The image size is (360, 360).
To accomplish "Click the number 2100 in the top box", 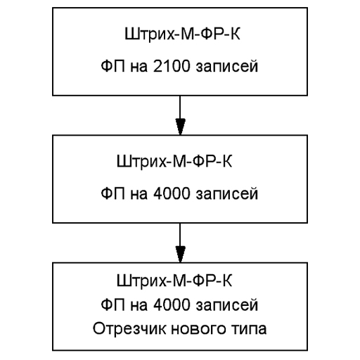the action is click(x=172, y=66).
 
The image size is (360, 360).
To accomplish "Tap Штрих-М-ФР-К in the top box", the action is click(x=182, y=34).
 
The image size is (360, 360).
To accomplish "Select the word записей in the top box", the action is click(x=227, y=67).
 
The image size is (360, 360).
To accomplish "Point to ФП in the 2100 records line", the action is click(x=113, y=66).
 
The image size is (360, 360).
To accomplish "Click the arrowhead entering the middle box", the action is click(x=180, y=127).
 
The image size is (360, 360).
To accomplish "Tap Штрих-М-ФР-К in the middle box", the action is click(x=174, y=162).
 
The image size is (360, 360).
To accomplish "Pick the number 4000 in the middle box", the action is click(x=172, y=193).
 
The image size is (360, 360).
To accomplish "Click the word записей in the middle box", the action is click(x=227, y=194).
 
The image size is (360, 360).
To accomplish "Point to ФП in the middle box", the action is click(x=113, y=193).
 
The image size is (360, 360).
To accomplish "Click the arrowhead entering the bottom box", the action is click(x=180, y=255).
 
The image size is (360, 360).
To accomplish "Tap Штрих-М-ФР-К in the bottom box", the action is click(x=174, y=281).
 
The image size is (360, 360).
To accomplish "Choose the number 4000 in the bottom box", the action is click(x=172, y=304).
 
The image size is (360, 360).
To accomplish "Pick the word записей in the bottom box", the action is click(x=227, y=305).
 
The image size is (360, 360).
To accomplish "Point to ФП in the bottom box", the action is click(x=113, y=304).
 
